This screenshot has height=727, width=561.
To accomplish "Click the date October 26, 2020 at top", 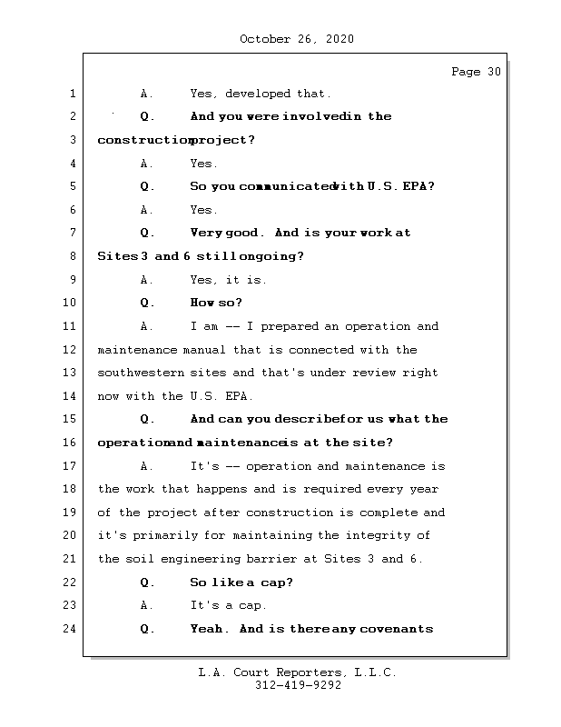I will click(x=297, y=39).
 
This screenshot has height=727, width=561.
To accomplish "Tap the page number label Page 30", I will click(x=476, y=73).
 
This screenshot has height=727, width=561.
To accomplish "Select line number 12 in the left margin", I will click(x=73, y=350).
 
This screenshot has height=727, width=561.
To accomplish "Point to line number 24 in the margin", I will click(x=73, y=629).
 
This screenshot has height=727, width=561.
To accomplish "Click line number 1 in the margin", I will click(x=73, y=94).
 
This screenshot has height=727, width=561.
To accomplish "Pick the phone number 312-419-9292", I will click(x=298, y=686).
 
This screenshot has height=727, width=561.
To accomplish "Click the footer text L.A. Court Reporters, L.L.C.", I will click(x=298, y=672).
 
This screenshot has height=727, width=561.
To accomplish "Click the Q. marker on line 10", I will click(x=148, y=303).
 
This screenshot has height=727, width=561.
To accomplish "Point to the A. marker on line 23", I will click(x=148, y=605).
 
